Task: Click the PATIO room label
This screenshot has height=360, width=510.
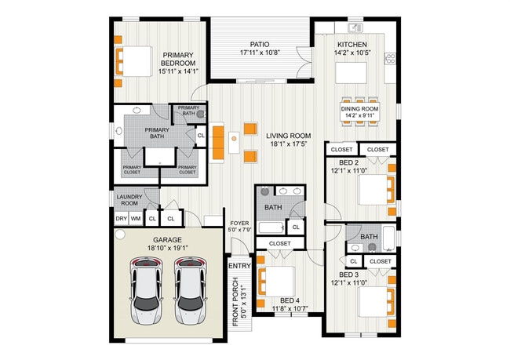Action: tap(260, 45)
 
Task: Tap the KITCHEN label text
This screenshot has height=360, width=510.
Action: tap(352, 45)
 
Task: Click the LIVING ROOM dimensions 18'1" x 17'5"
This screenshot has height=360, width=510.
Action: tap(289, 144)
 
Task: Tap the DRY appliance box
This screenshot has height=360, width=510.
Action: tap(121, 219)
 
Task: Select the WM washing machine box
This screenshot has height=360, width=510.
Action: tap(136, 219)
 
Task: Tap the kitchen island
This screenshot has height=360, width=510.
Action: tap(352, 74)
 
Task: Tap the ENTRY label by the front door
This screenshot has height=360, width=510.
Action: tap(239, 266)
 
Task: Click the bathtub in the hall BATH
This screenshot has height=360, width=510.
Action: tap(270, 228)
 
